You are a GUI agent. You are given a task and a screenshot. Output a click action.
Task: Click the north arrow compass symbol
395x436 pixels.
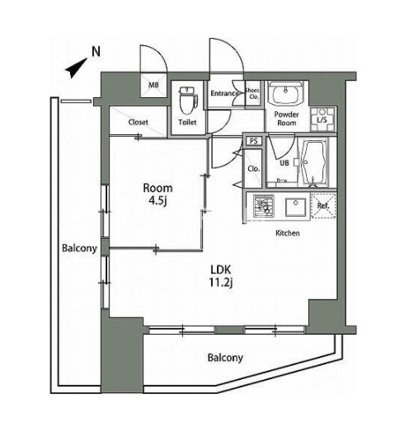tap(76, 68)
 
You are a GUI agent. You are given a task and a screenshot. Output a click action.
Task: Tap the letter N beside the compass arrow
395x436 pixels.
tap(96, 52)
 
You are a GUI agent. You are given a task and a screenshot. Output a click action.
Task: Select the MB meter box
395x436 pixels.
tap(153, 85)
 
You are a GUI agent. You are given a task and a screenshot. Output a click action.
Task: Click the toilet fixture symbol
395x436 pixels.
tap(189, 101)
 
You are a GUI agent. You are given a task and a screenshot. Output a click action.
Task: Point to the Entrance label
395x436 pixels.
tap(223, 93)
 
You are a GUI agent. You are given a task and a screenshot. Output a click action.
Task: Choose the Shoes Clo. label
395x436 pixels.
tap(253, 94)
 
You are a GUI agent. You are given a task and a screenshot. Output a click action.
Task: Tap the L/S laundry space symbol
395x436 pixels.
tap(322, 120)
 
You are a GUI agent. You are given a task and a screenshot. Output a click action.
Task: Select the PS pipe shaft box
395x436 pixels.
tap(253, 141)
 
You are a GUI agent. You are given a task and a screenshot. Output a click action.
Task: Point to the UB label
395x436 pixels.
tap(284, 163)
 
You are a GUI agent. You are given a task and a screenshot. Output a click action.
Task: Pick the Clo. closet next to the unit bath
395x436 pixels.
tap(253, 169)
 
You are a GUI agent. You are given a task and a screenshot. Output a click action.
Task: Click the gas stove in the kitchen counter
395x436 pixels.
tap(263, 206)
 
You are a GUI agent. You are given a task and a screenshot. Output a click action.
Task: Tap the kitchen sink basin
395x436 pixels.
tap(296, 207)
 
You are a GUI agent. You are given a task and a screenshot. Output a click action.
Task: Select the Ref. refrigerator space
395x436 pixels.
tap(323, 206)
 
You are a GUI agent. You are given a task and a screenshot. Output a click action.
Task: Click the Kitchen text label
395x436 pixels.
tap(288, 233)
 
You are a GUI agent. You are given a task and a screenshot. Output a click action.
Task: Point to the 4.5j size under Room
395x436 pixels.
tap(158, 201)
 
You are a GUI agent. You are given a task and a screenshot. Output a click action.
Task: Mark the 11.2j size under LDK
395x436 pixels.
tap(220, 283)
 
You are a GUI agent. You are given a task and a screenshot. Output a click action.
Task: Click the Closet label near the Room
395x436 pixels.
tap(139, 122)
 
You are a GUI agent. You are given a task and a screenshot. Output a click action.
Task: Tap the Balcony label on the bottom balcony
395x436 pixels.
tap(225, 358)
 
